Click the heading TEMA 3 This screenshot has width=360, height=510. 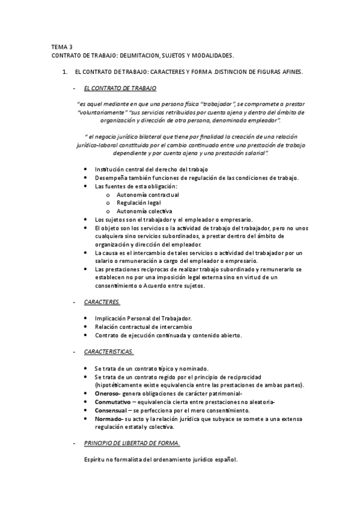coord(60,46)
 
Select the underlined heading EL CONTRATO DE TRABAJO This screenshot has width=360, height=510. coord(120,88)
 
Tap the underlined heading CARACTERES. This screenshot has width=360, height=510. coord(102,303)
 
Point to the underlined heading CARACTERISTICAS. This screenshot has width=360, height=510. coord(109,351)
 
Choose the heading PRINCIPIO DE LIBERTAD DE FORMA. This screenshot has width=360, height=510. coord(132,444)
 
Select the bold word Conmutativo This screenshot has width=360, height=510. coord(112,401)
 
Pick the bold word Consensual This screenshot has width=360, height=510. coord(111,410)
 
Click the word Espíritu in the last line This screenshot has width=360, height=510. coord(97,460)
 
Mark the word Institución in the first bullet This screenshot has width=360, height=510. coord(110,170)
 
